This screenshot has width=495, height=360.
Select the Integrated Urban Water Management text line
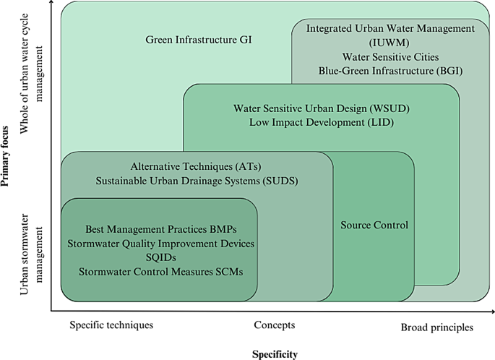(390, 29)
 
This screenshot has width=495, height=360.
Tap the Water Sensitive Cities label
(390, 56)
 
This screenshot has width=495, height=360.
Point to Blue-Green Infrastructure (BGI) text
(390, 70)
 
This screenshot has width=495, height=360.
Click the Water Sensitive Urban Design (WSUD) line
(322, 108)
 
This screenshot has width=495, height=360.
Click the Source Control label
(374, 225)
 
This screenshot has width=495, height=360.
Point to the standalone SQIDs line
(160, 257)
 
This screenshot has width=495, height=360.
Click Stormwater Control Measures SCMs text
(160, 271)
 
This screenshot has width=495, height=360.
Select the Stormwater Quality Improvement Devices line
(160, 244)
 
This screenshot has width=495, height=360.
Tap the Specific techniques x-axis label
(111, 325)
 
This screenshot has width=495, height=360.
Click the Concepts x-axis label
(274, 325)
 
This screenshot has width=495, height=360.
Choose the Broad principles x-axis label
(437, 327)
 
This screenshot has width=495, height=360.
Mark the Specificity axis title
(274, 354)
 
